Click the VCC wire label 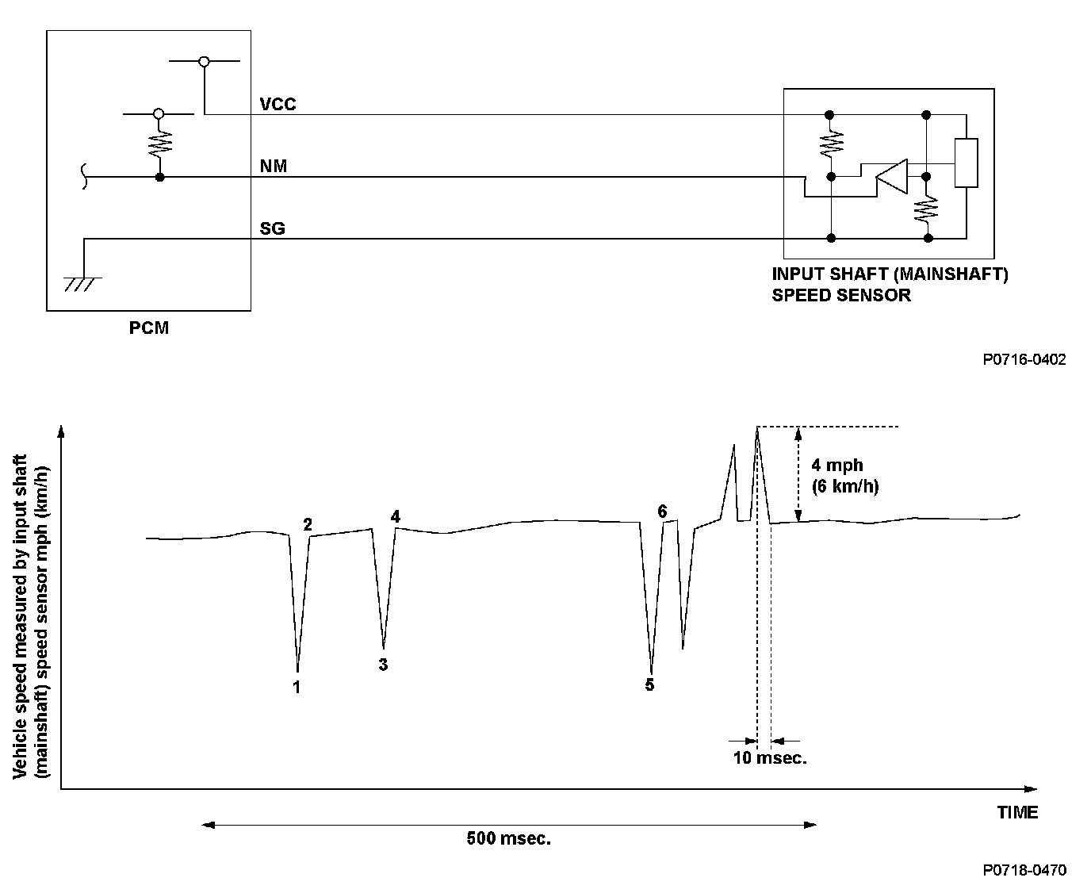coord(278,104)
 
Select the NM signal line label coord(274,167)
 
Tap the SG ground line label coord(273,229)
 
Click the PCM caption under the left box coord(149,328)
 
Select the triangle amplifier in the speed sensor coord(890,175)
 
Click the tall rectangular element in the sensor coord(966,163)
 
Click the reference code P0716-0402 coord(1024,360)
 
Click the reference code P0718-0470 coord(1024,871)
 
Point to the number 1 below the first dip coord(297,687)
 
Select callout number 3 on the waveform coord(383,665)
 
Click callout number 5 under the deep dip coord(649,684)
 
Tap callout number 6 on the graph coord(663,512)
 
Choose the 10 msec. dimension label coord(769,758)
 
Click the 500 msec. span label coord(508,839)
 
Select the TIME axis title coord(1017,812)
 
